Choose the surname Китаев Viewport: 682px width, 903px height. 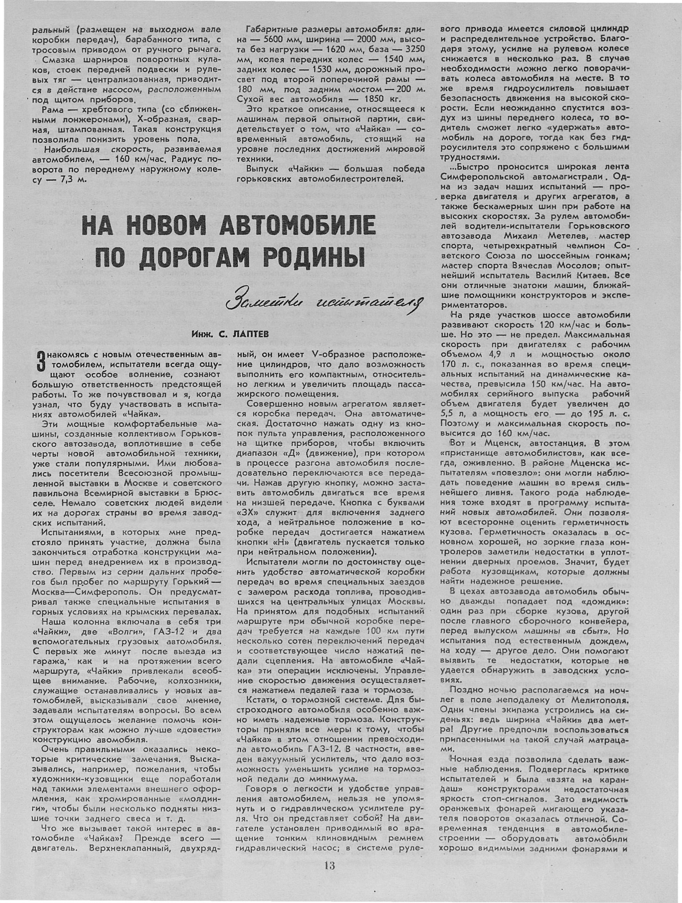pos(592,275)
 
